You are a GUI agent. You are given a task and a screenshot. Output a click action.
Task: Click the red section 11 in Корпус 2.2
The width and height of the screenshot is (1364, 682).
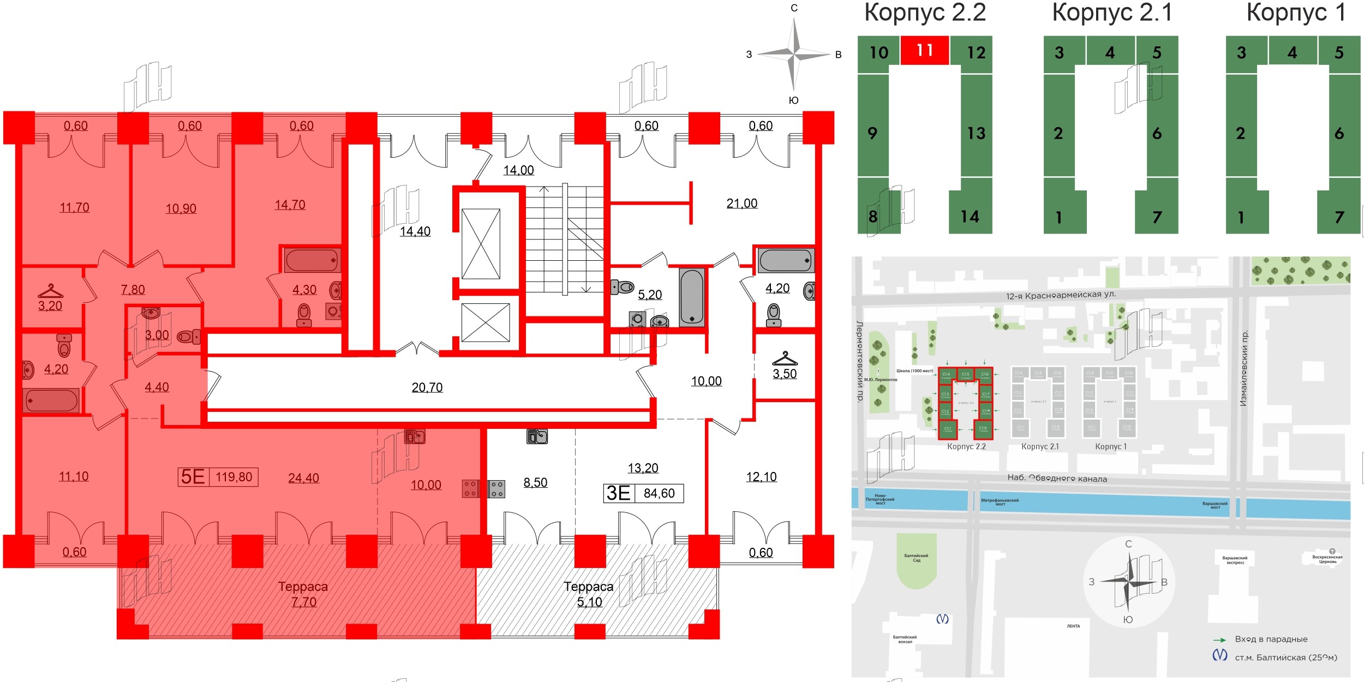(x=924, y=50)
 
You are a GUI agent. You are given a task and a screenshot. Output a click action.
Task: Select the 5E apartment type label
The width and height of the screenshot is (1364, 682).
(x=193, y=477)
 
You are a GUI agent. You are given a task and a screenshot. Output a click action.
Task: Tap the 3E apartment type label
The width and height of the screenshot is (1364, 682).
(x=618, y=493)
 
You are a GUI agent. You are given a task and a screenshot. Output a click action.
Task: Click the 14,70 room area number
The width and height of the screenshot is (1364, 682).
(x=290, y=205)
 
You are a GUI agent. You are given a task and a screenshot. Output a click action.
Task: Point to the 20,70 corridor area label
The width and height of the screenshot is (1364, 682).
(x=427, y=388)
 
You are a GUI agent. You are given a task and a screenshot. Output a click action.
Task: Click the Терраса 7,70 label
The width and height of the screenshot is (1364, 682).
(x=303, y=594)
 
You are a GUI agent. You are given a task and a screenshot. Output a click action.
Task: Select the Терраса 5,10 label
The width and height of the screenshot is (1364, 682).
(x=589, y=594)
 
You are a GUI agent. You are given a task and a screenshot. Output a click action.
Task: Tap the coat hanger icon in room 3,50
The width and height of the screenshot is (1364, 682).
(x=785, y=358)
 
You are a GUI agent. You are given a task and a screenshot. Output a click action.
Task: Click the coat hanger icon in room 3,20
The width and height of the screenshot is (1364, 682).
(x=50, y=290)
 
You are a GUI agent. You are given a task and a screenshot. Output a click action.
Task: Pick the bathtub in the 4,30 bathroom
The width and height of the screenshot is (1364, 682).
(x=312, y=260)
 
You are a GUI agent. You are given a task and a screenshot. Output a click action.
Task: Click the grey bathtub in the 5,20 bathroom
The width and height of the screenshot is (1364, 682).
(x=692, y=297)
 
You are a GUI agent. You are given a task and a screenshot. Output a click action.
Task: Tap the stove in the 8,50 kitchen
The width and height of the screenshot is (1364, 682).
(x=496, y=489)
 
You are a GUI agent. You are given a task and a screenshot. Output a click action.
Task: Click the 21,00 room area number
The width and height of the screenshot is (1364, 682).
(x=741, y=204)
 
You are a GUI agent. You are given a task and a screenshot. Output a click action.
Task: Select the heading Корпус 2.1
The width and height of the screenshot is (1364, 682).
(x=1112, y=13)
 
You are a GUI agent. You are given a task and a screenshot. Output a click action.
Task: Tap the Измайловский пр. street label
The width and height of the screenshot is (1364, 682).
(x=1244, y=368)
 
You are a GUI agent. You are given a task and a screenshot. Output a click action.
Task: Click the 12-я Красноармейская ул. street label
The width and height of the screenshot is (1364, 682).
(x=1061, y=295)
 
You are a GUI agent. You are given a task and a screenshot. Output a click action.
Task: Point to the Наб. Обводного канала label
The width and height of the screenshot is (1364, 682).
(x=1057, y=478)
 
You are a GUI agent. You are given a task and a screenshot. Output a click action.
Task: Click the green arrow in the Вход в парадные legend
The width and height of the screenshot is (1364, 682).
(x=1219, y=639)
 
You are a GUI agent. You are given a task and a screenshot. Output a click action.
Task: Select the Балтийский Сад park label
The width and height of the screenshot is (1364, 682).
(x=916, y=558)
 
